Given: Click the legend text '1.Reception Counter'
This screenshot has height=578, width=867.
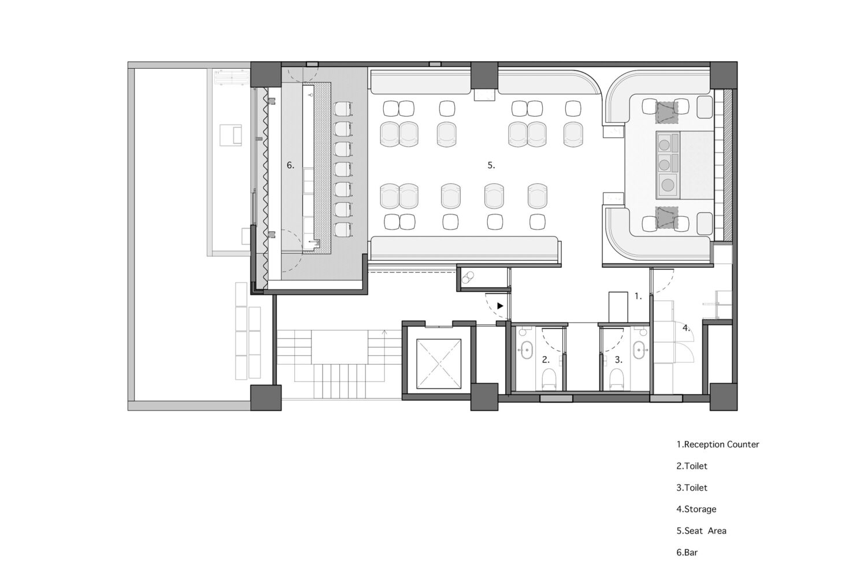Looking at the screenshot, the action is (718, 444).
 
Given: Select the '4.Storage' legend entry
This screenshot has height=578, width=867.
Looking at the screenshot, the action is (696, 509).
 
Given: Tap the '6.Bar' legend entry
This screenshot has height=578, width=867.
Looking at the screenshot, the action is (687, 553).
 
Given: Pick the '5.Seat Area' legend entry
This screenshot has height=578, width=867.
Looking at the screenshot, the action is (701, 531).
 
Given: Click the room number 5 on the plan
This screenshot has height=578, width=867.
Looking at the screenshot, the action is (491, 165).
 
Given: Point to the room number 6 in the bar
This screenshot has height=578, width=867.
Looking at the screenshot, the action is (290, 165).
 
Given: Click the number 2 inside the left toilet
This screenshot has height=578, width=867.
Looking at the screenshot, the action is (546, 360).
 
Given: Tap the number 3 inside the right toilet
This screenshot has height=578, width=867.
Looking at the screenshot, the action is (618, 360).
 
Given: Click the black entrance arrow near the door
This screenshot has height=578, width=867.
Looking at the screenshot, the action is (500, 306).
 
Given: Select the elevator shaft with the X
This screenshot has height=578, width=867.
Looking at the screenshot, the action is (439, 364).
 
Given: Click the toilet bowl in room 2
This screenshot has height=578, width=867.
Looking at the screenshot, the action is (549, 378).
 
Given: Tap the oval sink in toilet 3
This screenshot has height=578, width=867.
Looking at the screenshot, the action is (639, 350).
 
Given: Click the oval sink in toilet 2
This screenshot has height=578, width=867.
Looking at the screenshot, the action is (525, 350).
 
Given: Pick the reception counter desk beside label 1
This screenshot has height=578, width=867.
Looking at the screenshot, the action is (618, 306).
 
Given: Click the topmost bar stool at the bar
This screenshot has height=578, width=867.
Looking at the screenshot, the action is (343, 109).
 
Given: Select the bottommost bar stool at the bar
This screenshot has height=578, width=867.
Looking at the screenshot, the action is (343, 229).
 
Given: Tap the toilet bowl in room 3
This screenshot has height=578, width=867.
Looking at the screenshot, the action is (616, 378).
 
